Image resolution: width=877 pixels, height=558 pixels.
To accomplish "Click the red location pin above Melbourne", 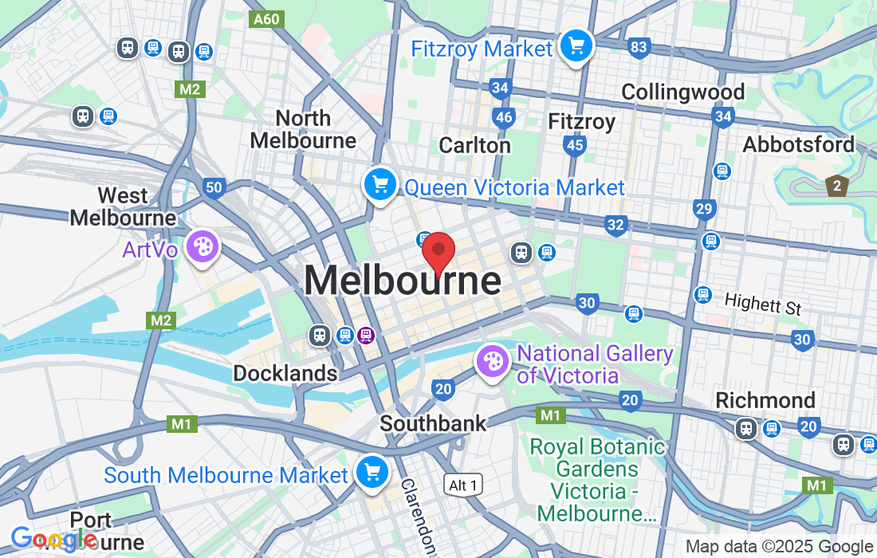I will tap(438, 253).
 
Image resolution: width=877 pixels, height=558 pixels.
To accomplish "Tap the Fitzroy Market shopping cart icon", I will tap(576, 45).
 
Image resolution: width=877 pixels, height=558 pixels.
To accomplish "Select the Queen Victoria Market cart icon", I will tap(380, 185).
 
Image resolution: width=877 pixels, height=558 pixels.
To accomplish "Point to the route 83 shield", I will tap(638, 48).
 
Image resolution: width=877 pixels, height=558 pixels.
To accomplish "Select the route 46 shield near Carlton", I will tap(504, 118).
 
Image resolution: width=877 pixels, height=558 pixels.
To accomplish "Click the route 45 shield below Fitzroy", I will tap(574, 145).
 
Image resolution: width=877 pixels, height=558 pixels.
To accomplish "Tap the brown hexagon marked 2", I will tap(836, 187).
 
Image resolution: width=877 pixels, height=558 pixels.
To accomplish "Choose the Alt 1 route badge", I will tap(463, 485).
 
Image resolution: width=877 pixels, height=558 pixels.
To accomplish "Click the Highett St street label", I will tap(763, 304).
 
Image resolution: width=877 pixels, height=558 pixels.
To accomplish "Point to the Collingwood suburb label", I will tap(682, 92).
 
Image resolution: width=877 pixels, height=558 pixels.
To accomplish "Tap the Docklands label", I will tap(285, 373).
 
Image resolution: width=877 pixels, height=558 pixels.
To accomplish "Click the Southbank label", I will tap(433, 423).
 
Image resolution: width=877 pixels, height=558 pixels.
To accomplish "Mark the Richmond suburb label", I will tap(765, 400).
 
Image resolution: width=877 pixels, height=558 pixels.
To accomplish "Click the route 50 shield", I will tap(213, 188).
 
